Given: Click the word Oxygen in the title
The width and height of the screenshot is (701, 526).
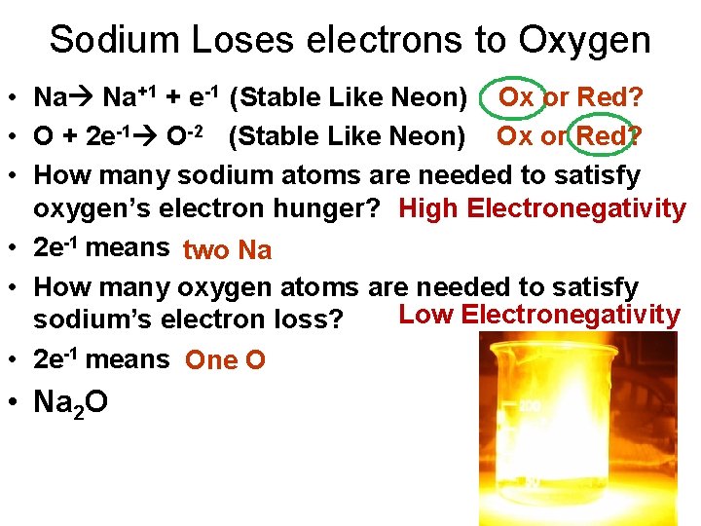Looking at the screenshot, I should (x=584, y=40).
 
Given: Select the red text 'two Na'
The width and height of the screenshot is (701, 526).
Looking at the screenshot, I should (x=227, y=250).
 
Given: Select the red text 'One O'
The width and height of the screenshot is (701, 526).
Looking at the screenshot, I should (x=225, y=360).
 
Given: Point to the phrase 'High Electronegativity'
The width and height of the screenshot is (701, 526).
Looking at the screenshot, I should (x=542, y=208).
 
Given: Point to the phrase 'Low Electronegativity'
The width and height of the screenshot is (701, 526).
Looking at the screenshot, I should (x=538, y=314).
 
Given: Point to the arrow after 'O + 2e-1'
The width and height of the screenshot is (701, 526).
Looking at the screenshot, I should (x=146, y=136).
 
